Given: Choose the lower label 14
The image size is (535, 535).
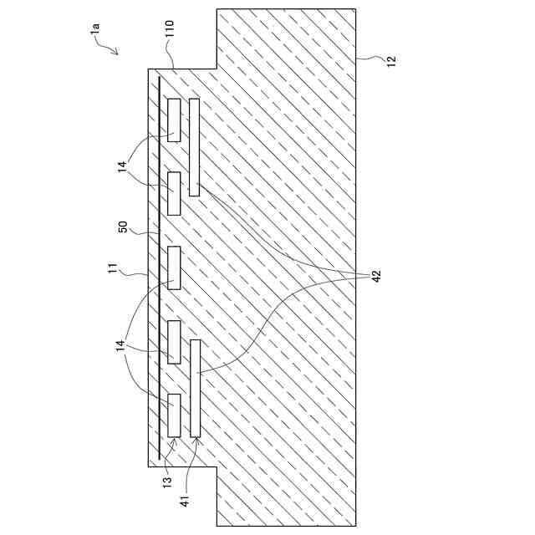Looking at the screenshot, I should pyautogui.click(x=122, y=344).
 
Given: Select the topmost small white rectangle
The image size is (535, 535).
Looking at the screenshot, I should pyautogui.click(x=174, y=120).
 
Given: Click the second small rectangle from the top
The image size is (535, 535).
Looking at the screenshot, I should pyautogui.click(x=174, y=192).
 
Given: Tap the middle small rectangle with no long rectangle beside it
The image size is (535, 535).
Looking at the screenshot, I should pyautogui.click(x=174, y=267).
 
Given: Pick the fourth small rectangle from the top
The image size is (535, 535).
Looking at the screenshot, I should pyautogui.click(x=174, y=341).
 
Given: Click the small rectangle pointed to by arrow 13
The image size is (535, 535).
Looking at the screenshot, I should pyautogui.click(x=174, y=415).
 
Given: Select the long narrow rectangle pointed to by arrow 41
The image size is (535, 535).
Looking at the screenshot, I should pyautogui.click(x=195, y=388).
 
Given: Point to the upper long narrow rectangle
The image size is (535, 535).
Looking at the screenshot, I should pyautogui.click(x=194, y=147).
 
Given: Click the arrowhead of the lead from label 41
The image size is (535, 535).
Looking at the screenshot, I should pyautogui.click(x=196, y=440).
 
